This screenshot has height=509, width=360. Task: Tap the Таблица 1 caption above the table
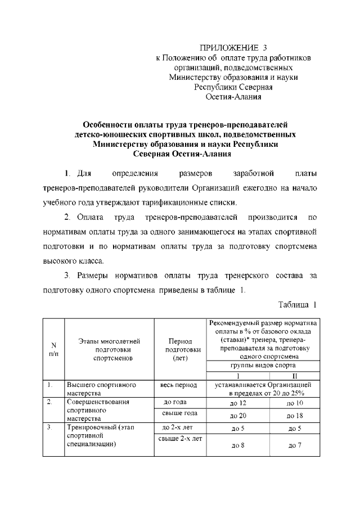pyautogui.click(x=298, y=304)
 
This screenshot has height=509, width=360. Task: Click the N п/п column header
pyautogui.click(x=53, y=349)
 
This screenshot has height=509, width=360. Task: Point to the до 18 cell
pyautogui.click(x=295, y=416)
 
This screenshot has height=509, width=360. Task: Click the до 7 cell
pyautogui.click(x=295, y=446)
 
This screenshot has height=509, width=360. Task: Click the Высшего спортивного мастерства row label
pyautogui.click(x=101, y=389)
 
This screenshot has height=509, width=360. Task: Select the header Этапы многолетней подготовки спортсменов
pyautogui.click(x=109, y=349)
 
